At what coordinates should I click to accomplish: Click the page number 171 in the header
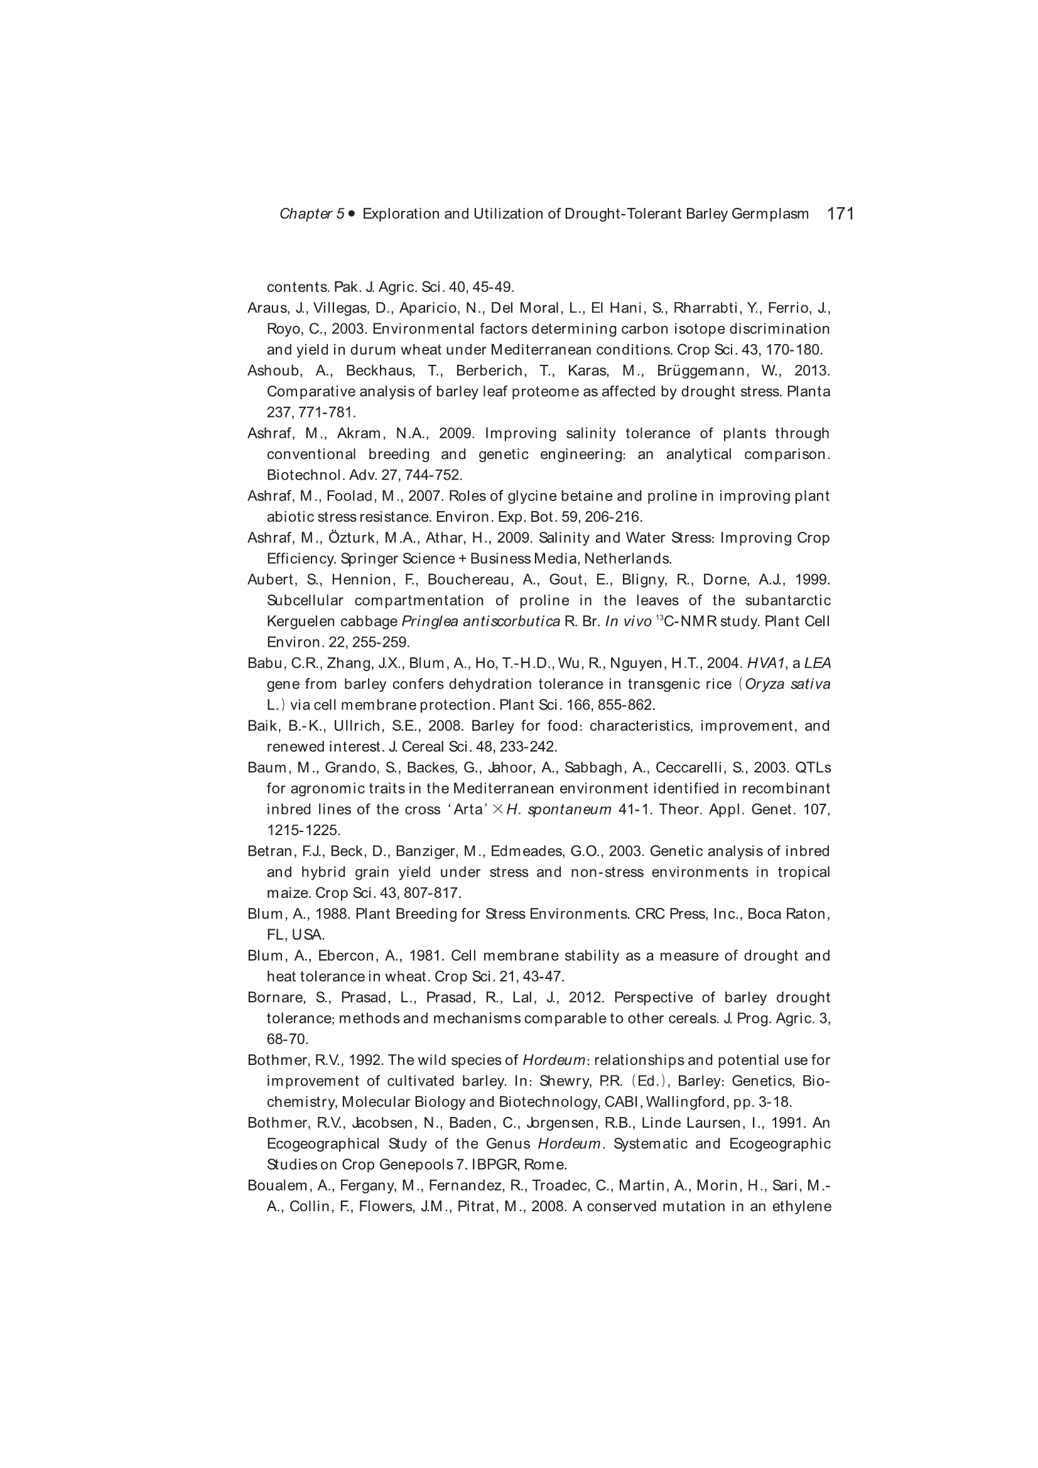click(840, 213)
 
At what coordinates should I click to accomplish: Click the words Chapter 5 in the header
click(311, 214)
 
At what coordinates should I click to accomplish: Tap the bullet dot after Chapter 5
click(352, 213)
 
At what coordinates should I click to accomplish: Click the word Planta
click(808, 391)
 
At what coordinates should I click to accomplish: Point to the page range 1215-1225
click(303, 831)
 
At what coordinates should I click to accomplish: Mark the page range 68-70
click(287, 1039)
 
